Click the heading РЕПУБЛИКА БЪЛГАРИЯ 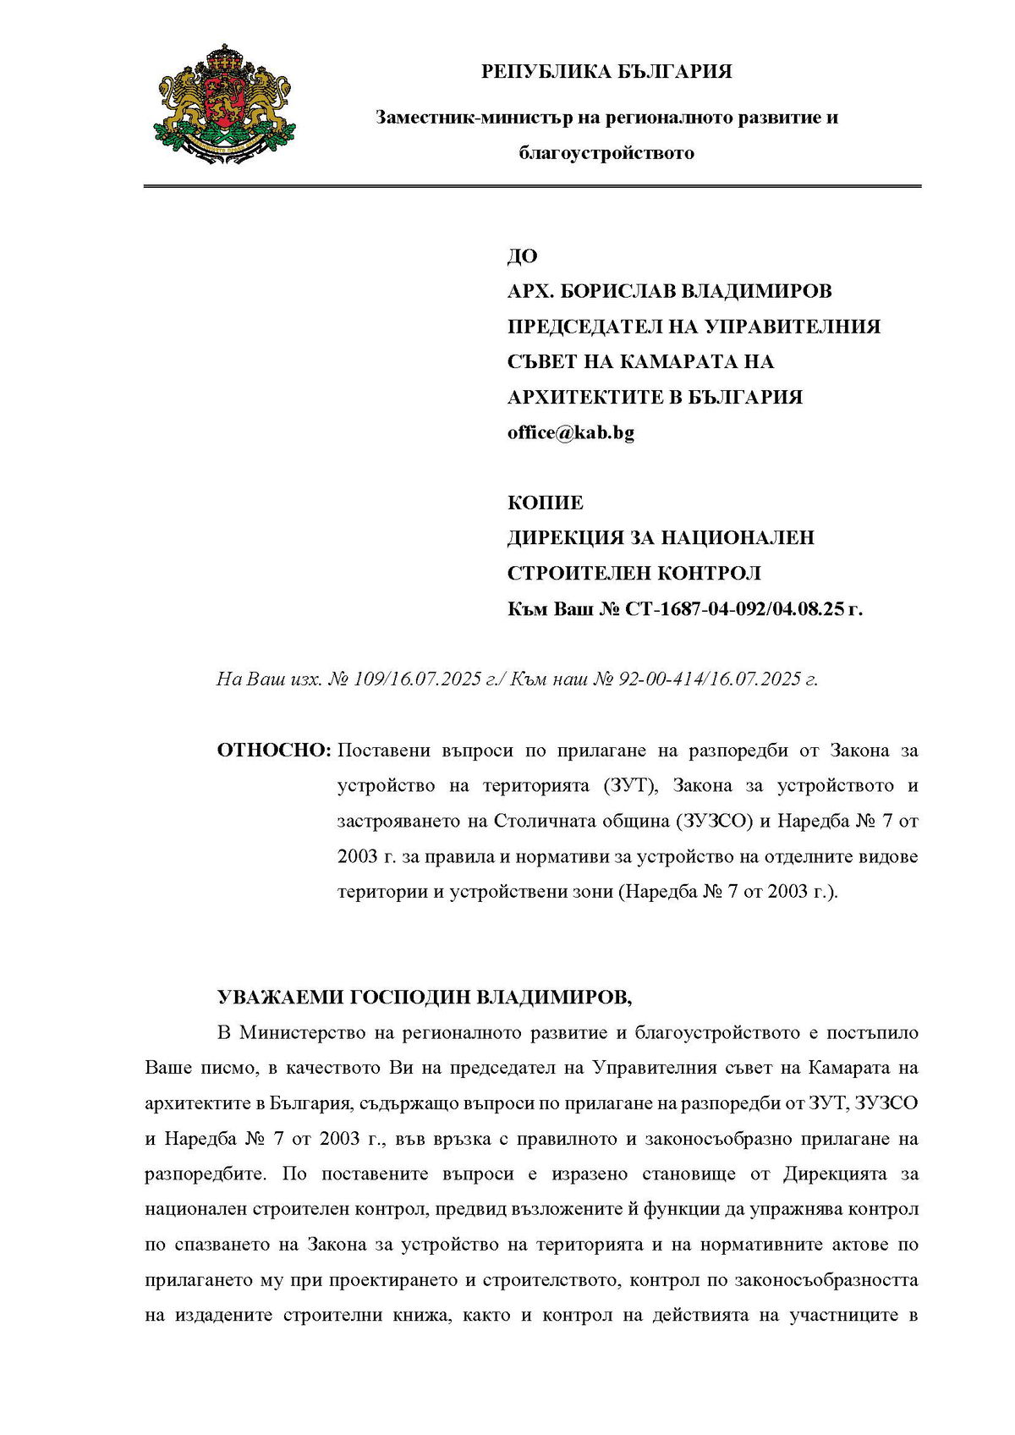[606, 72]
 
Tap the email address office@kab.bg [571, 432]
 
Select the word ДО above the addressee [522, 256]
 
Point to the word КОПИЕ [546, 503]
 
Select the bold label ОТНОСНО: [273, 750]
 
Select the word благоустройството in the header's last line [606, 153]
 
